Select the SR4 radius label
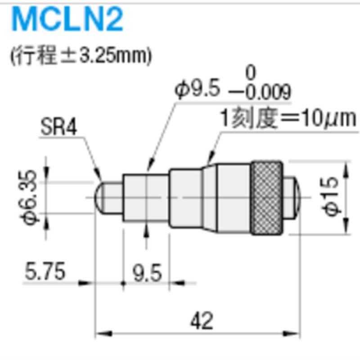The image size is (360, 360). point(58,128)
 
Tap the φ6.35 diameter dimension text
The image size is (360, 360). point(28,198)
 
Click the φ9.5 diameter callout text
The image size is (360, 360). point(198,90)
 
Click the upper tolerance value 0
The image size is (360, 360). point(251,72)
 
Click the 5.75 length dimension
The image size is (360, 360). point(45,272)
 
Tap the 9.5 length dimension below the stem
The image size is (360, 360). point(146,273)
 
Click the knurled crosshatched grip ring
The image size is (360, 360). point(267,198)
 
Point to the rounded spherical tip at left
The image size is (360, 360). point(103,198)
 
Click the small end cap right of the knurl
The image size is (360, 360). point(291,198)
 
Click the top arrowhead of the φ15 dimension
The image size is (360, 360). point(346,166)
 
